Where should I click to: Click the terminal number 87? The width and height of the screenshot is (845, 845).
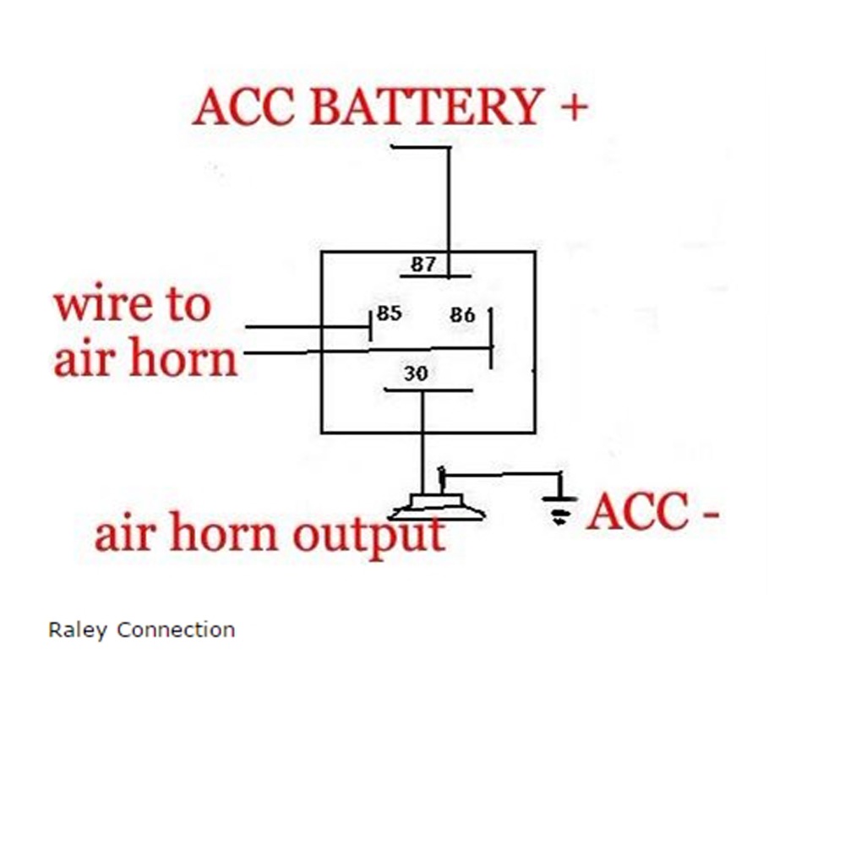(x=422, y=264)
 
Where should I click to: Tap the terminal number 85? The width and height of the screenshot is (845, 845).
(x=389, y=313)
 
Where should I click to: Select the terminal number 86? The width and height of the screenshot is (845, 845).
(x=462, y=315)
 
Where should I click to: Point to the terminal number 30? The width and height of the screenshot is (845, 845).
(x=415, y=373)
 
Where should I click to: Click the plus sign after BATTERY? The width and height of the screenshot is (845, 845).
(x=572, y=108)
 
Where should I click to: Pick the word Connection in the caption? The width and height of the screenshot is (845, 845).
(x=176, y=630)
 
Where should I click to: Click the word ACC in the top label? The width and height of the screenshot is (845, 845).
(x=246, y=108)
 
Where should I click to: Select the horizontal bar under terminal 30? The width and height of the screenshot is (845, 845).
(x=428, y=390)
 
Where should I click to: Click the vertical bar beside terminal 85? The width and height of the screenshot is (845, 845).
(x=371, y=325)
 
